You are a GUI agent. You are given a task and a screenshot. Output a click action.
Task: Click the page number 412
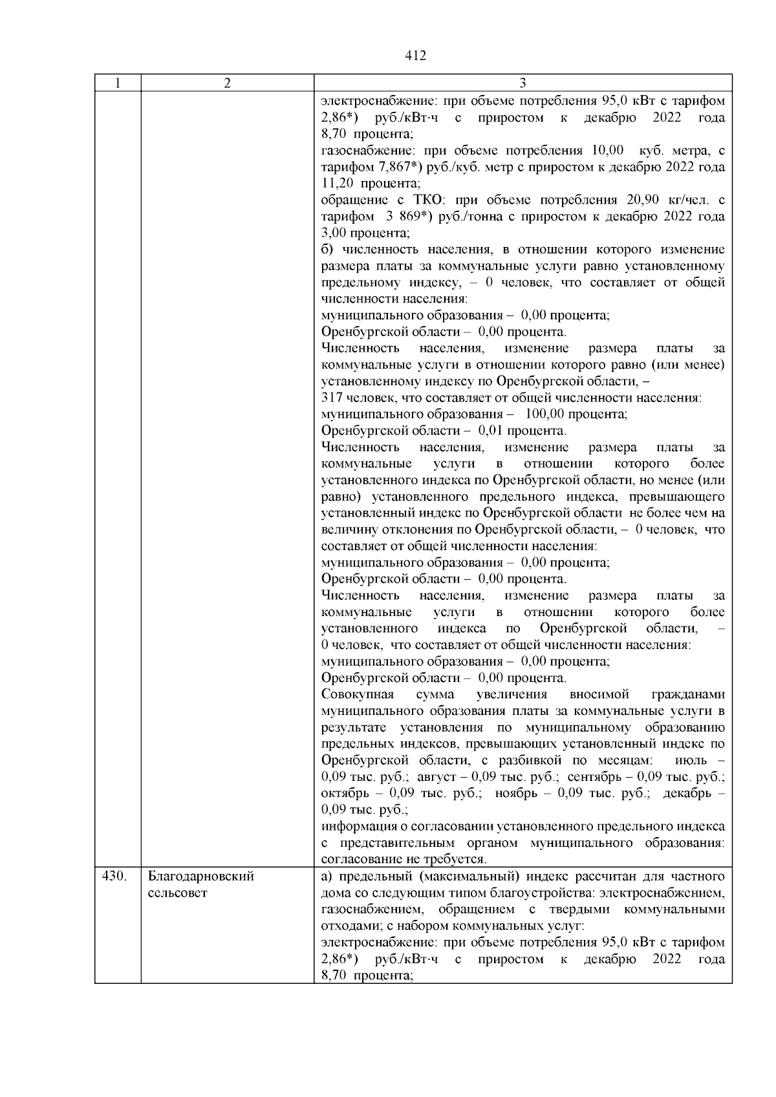click(x=415, y=56)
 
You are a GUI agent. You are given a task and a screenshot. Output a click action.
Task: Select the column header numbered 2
click(x=227, y=83)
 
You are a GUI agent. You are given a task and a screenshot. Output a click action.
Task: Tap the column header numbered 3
click(x=523, y=83)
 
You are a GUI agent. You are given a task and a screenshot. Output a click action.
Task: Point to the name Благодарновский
click(x=201, y=877)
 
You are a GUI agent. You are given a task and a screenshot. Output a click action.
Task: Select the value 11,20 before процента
click(x=337, y=184)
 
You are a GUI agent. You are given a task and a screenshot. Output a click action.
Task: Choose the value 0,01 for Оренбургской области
click(x=490, y=431)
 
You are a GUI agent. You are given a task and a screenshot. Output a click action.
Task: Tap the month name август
click(x=440, y=776)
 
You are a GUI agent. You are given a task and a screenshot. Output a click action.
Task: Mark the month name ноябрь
click(x=515, y=793)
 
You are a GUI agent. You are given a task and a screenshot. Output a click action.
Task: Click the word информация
click(x=357, y=826)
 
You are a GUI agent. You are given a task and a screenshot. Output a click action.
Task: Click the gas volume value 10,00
click(x=607, y=151)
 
